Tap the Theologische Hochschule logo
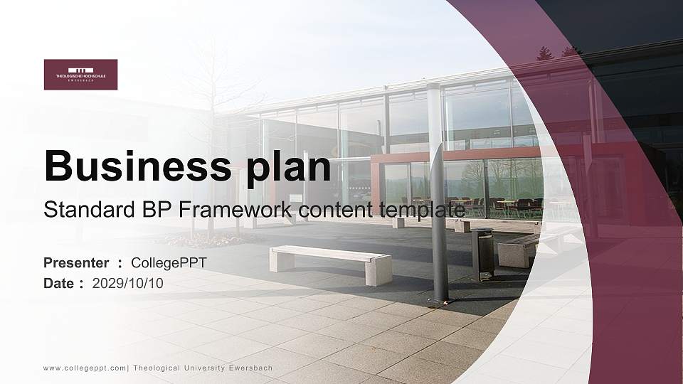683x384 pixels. (x=80, y=74)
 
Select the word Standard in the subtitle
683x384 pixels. (x=79, y=210)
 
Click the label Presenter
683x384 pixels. (x=76, y=263)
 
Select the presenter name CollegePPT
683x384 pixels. (x=169, y=263)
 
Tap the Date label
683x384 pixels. (x=59, y=283)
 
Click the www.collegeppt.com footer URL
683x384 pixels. (x=84, y=368)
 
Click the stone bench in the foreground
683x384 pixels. (x=331, y=264)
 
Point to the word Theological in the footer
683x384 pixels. (x=156, y=368)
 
